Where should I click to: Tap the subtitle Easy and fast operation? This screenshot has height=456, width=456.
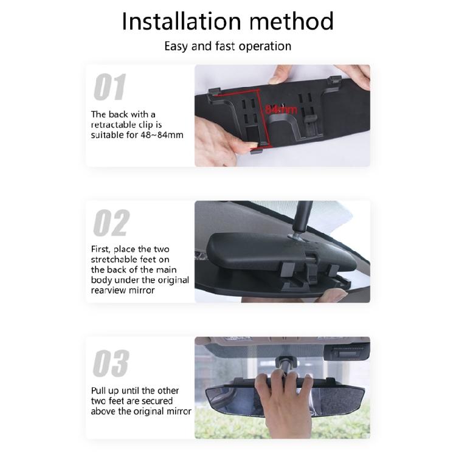[227, 46]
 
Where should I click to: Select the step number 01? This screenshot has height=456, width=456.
[109, 88]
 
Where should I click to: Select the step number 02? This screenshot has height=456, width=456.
[111, 224]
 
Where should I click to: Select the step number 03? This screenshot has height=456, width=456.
[111, 364]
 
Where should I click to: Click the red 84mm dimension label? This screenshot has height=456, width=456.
[280, 109]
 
